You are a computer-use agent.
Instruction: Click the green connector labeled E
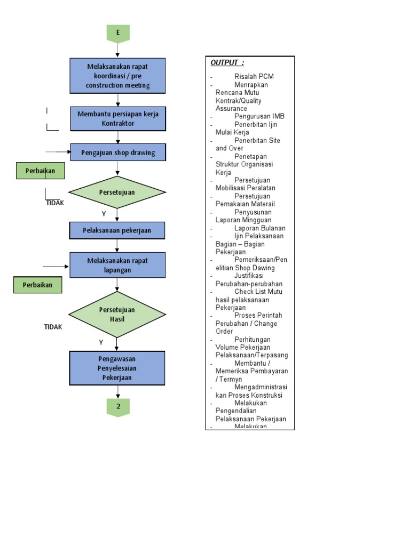[x=118, y=33]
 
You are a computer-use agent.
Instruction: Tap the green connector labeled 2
[x=118, y=407]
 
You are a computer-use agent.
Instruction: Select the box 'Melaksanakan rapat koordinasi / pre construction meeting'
[x=118, y=76]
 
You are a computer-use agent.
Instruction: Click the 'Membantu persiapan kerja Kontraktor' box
[x=118, y=119]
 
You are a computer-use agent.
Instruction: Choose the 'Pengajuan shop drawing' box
[x=118, y=152]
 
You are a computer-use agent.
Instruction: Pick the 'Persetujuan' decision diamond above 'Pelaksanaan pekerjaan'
[x=117, y=192]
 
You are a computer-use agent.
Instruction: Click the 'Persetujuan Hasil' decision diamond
[x=117, y=314]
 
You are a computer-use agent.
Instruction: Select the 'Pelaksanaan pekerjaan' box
[x=117, y=230]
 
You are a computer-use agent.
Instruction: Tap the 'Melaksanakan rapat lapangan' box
[x=118, y=266]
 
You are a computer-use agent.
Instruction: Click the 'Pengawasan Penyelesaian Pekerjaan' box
[x=117, y=368]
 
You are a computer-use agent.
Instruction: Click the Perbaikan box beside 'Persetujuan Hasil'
[x=37, y=285]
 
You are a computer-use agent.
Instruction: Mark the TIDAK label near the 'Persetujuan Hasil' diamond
[x=53, y=327]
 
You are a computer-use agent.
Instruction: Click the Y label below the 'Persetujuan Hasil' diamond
[x=101, y=342]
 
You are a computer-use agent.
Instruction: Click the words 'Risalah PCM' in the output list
[x=254, y=77]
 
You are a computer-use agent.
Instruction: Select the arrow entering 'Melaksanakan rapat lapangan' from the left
[x=57, y=266]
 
